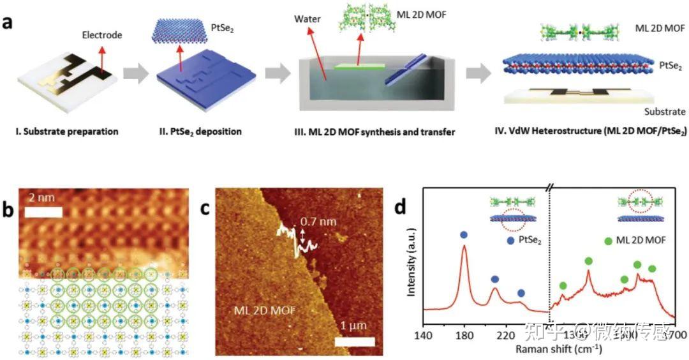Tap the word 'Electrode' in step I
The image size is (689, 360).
pyautogui.click(x=101, y=35)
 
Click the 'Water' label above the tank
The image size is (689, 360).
pyautogui.click(x=307, y=19)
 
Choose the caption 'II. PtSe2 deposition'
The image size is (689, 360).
pyautogui.click(x=199, y=132)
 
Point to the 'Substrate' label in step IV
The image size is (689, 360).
pyautogui.click(x=663, y=112)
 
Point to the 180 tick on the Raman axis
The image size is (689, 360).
pyautogui.click(x=464, y=334)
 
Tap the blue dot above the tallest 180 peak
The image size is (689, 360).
pyautogui.click(x=464, y=235)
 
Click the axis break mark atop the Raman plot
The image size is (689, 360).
pyautogui.click(x=549, y=189)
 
